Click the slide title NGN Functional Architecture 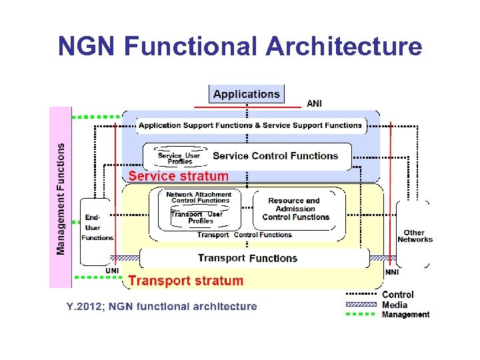(x=240, y=47)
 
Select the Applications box (x=247, y=94)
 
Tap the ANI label (x=313, y=103)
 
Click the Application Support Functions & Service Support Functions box (x=250, y=125)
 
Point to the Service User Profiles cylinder (x=179, y=158)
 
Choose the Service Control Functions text (x=275, y=156)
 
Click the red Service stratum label (x=178, y=177)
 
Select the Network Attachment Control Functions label (x=199, y=197)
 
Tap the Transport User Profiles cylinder (x=197, y=217)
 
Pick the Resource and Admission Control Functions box (x=295, y=209)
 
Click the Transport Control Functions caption (x=245, y=235)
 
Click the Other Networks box (x=415, y=236)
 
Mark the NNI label (x=393, y=272)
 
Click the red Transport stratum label (x=185, y=281)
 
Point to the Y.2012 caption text (x=161, y=307)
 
